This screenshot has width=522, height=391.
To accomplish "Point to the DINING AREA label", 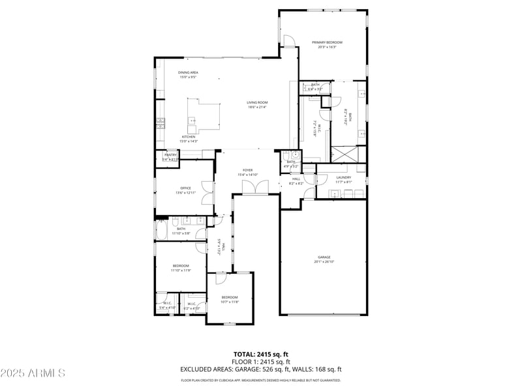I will (189, 72).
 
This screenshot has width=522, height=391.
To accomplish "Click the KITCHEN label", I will (188, 137).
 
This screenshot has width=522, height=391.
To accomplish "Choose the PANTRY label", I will (170, 154).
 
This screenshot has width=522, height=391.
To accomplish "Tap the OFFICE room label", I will (185, 188).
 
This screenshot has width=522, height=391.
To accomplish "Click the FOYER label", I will (248, 170).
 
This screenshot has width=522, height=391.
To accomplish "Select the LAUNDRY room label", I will (343, 177).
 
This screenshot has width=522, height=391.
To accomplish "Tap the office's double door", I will (207, 193).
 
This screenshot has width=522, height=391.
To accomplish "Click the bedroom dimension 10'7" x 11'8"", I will (230, 302).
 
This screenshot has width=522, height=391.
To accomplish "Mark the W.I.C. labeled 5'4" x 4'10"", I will (167, 305).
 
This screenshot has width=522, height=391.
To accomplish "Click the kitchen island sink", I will (192, 120).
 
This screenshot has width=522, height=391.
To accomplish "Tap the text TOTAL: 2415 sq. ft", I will (261, 355).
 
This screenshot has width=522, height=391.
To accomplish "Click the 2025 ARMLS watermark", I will (33, 373).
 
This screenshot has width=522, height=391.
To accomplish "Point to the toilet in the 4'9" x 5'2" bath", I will (295, 155).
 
